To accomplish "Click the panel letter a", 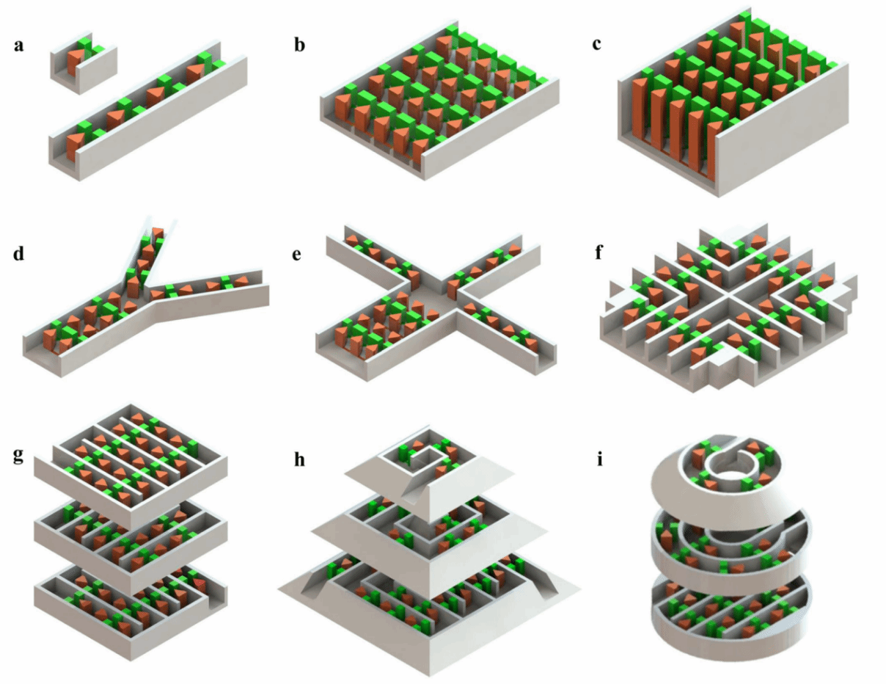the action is (19, 46).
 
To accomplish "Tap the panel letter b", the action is (300, 44).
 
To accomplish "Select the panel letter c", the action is (596, 44).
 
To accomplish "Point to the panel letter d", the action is (19, 253).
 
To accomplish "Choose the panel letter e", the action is (297, 255).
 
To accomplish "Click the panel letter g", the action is (19, 456).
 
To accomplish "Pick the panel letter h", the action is (300, 459).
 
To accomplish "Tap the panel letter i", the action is (599, 459).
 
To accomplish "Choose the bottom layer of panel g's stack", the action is (131, 612).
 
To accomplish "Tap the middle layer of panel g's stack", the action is (131, 547).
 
